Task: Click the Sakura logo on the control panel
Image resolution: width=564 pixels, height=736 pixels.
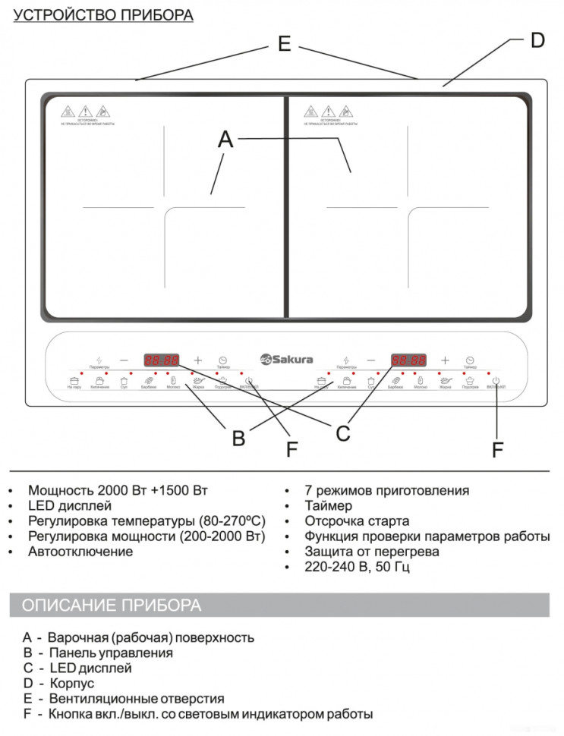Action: click(x=286, y=360)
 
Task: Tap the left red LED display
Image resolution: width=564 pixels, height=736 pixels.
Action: click(x=162, y=360)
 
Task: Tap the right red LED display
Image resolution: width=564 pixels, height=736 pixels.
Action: click(x=408, y=360)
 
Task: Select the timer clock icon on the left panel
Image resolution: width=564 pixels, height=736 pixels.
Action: click(x=223, y=360)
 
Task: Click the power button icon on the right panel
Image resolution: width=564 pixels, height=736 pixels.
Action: click(x=496, y=381)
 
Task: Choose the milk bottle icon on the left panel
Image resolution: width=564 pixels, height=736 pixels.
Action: click(x=173, y=381)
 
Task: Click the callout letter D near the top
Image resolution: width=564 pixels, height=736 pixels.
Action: click(x=537, y=40)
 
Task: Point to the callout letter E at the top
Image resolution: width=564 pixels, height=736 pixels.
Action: click(x=284, y=45)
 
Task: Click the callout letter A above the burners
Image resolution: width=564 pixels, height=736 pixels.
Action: click(x=225, y=140)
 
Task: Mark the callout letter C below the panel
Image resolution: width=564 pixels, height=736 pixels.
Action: click(x=343, y=433)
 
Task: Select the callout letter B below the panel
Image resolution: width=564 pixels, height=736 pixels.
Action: click(x=238, y=438)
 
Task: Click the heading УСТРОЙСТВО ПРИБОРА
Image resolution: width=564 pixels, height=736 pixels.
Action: click(x=103, y=15)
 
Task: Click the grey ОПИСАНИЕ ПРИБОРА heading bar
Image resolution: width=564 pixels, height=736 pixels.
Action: click(x=279, y=605)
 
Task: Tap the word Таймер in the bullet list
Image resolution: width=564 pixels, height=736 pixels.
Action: click(x=328, y=505)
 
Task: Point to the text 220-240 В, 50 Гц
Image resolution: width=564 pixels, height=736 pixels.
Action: click(x=358, y=567)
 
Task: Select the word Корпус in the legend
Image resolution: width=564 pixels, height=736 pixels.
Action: click(x=71, y=684)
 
